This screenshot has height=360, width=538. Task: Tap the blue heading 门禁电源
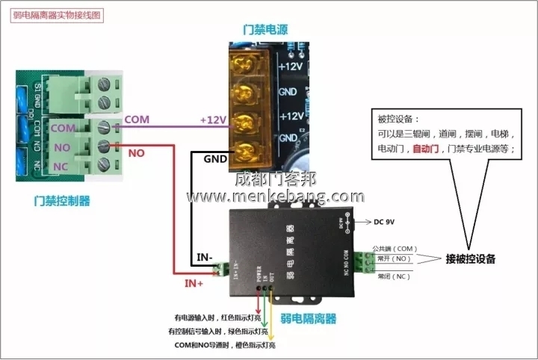(x=265, y=30)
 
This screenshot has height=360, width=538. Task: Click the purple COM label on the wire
(x=137, y=120)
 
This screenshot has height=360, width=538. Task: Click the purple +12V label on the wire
(x=213, y=120)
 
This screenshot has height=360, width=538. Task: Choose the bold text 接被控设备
(x=471, y=259)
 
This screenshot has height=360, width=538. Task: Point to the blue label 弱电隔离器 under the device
(x=308, y=319)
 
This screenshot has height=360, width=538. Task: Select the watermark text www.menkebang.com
(x=276, y=196)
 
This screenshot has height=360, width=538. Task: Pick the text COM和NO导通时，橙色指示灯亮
(x=225, y=345)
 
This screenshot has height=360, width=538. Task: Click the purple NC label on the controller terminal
(x=62, y=166)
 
